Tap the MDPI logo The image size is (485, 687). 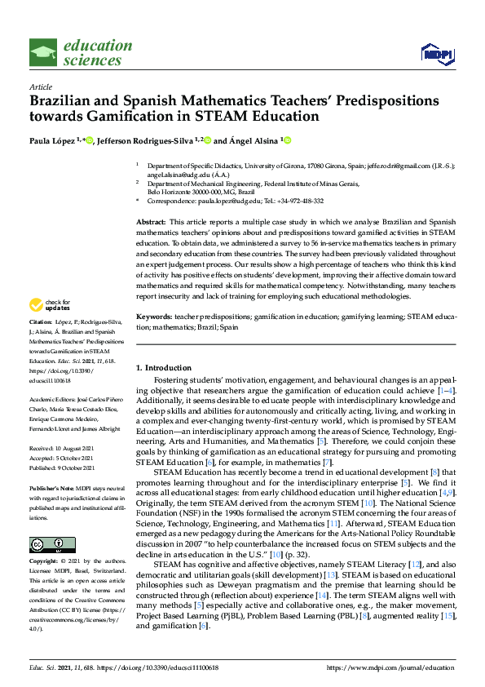pos(436,54)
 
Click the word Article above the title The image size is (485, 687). pos(41,86)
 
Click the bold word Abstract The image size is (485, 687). pos(150,222)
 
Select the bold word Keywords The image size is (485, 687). pos(153,316)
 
